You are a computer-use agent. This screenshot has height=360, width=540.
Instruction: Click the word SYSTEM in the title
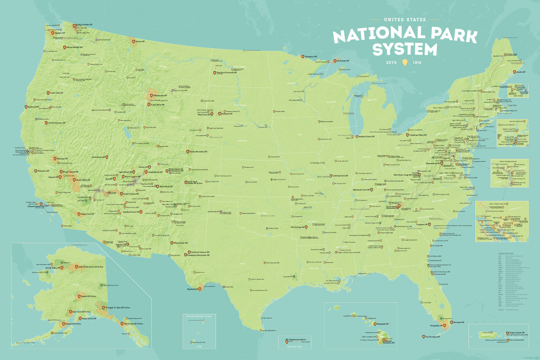click(405, 50)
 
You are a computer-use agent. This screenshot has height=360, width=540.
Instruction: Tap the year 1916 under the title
click(417, 63)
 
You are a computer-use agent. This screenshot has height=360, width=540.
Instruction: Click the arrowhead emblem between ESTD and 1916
click(405, 63)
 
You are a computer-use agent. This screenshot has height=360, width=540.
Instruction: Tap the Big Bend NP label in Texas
click(192, 289)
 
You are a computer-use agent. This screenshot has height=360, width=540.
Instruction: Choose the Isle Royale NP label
click(343, 61)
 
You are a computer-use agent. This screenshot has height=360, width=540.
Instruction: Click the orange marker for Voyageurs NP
click(303, 57)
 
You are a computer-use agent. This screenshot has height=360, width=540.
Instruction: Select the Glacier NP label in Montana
click(140, 42)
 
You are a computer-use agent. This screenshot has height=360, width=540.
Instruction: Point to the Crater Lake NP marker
click(48, 93)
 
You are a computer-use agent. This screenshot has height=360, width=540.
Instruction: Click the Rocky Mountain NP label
click(198, 152)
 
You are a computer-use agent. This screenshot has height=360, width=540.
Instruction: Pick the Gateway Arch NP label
click(340, 176)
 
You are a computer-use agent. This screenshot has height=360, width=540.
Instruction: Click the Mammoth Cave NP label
click(361, 190)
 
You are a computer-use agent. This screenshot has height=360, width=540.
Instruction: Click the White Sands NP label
click(181, 243)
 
